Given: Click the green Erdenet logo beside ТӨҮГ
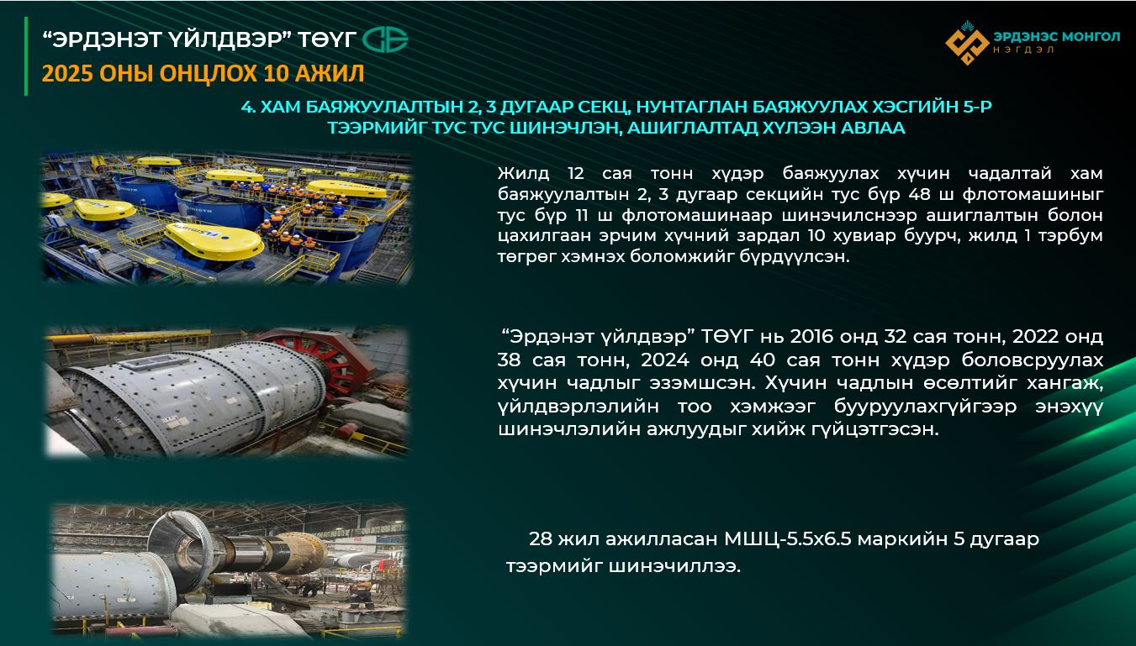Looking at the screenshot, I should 385,39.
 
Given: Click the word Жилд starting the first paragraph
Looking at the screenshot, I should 523,174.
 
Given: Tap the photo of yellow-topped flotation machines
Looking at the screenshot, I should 227,218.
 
